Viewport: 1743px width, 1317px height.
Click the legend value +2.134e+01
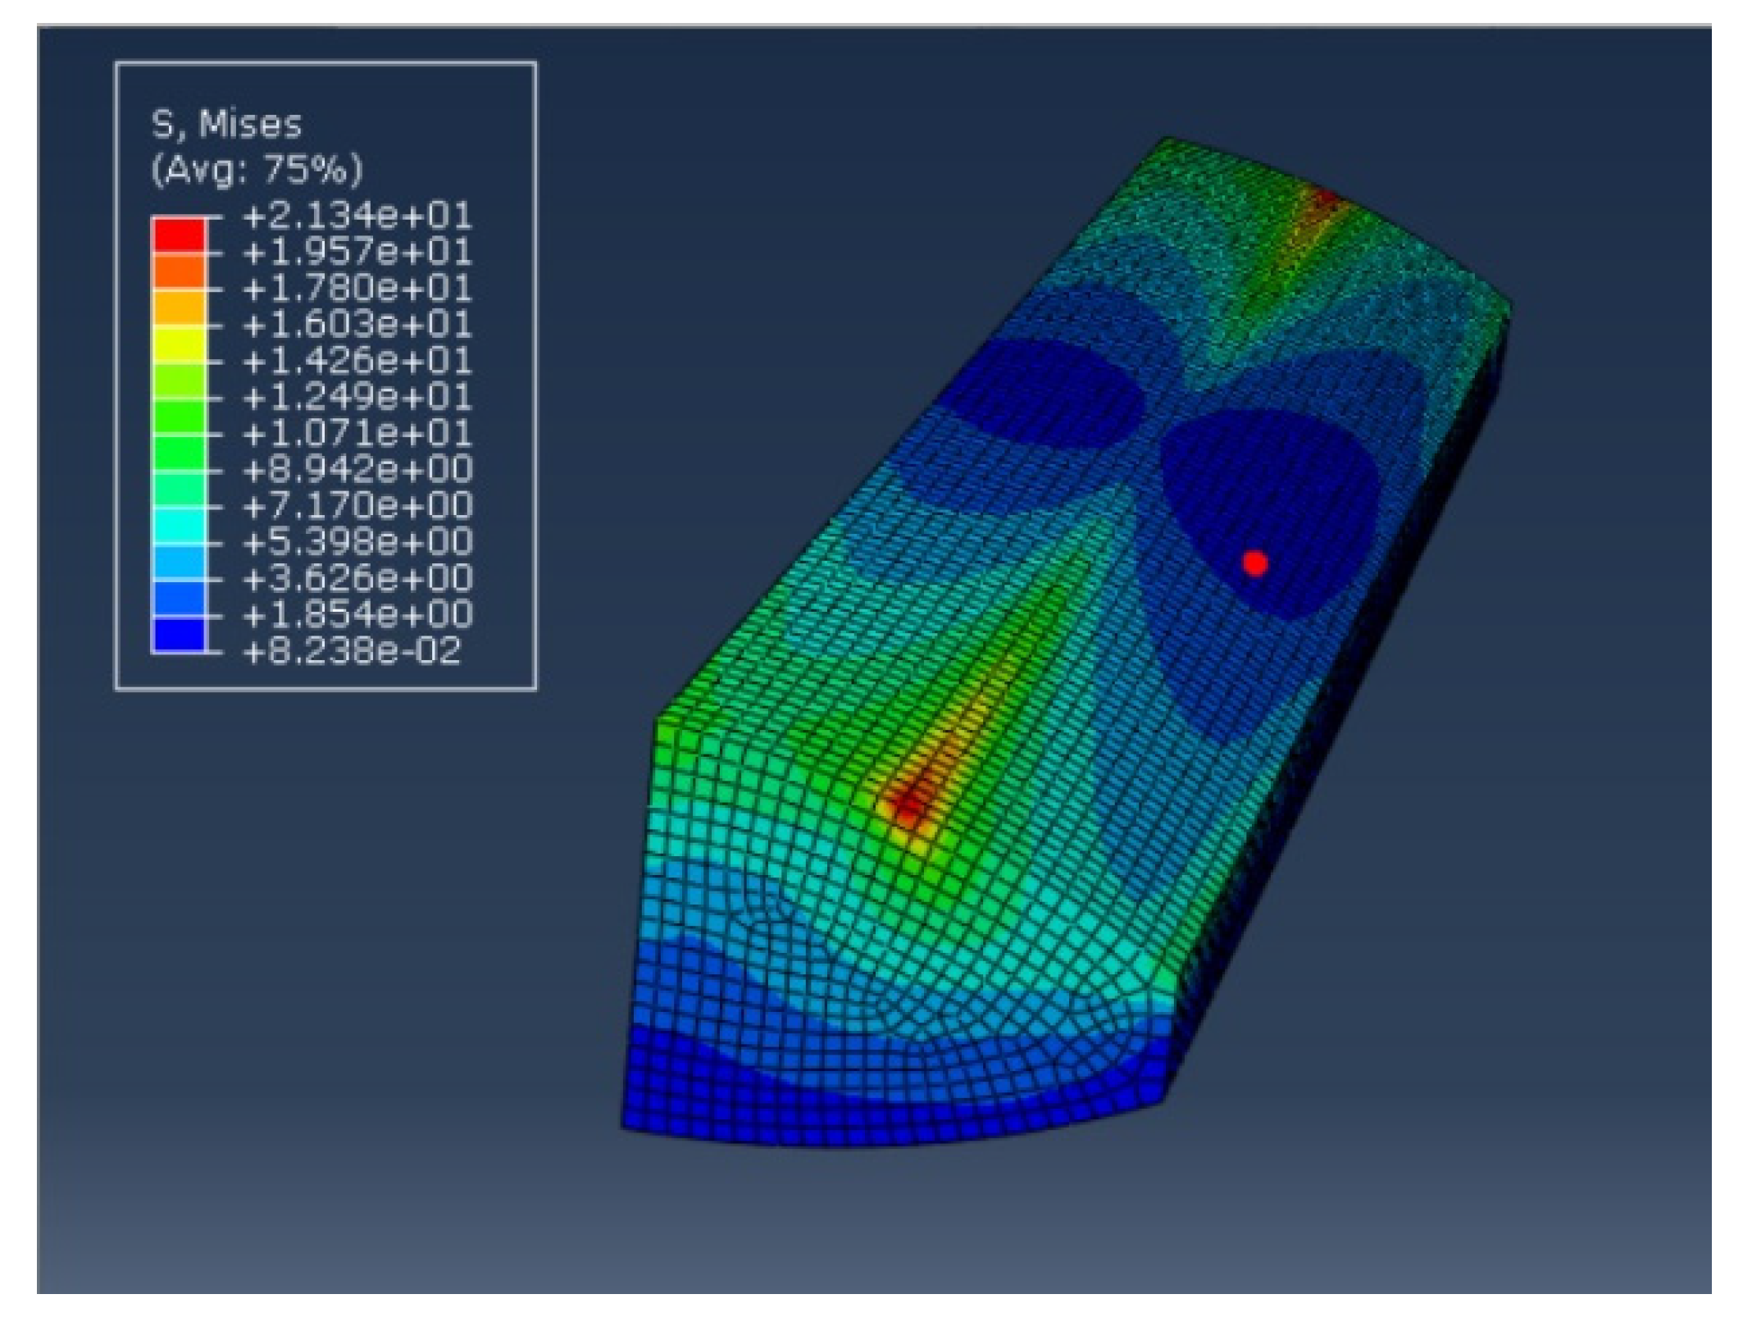point(357,216)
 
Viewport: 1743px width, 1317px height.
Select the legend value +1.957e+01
point(357,253)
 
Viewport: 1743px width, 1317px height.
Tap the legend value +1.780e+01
point(357,289)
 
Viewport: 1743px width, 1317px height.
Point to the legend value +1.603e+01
point(357,325)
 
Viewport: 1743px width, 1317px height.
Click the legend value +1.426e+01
point(357,361)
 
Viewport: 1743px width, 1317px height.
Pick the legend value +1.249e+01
point(357,397)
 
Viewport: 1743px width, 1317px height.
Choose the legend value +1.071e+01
point(357,433)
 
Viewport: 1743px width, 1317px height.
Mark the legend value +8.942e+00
point(357,469)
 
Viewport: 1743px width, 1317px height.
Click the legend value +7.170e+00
point(357,505)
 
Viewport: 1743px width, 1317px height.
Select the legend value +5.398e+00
point(357,542)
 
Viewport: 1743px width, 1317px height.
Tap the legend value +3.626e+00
point(357,578)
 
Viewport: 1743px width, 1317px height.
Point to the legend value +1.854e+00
point(357,614)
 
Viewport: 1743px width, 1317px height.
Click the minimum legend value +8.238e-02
point(353,651)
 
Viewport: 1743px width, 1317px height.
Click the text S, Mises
point(226,125)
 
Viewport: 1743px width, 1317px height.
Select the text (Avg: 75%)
point(256,170)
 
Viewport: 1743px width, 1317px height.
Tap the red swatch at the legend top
point(178,235)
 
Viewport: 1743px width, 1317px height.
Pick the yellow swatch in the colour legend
point(178,343)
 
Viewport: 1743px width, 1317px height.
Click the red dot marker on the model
point(1254,563)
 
